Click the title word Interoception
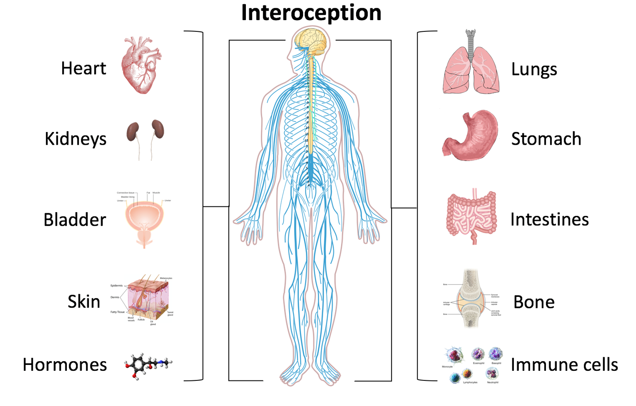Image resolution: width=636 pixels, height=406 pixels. [x=311, y=12]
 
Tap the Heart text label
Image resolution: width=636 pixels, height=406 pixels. [x=84, y=69]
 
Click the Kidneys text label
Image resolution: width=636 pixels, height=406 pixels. [x=75, y=139]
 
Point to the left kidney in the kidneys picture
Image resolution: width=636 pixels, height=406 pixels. [x=133, y=132]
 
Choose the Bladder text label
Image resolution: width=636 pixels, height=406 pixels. [x=75, y=220]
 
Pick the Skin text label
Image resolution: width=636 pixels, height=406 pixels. [x=84, y=302]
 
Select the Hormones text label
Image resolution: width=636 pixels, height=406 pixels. [x=65, y=365]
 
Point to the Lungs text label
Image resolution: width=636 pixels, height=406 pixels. [x=534, y=70]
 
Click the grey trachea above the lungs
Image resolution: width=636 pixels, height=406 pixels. [x=471, y=43]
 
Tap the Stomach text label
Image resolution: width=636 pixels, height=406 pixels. [x=546, y=139]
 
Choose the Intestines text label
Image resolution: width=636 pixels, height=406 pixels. [x=549, y=219]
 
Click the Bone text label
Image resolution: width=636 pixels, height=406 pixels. [x=534, y=302]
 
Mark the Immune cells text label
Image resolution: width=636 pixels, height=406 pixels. [x=564, y=365]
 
